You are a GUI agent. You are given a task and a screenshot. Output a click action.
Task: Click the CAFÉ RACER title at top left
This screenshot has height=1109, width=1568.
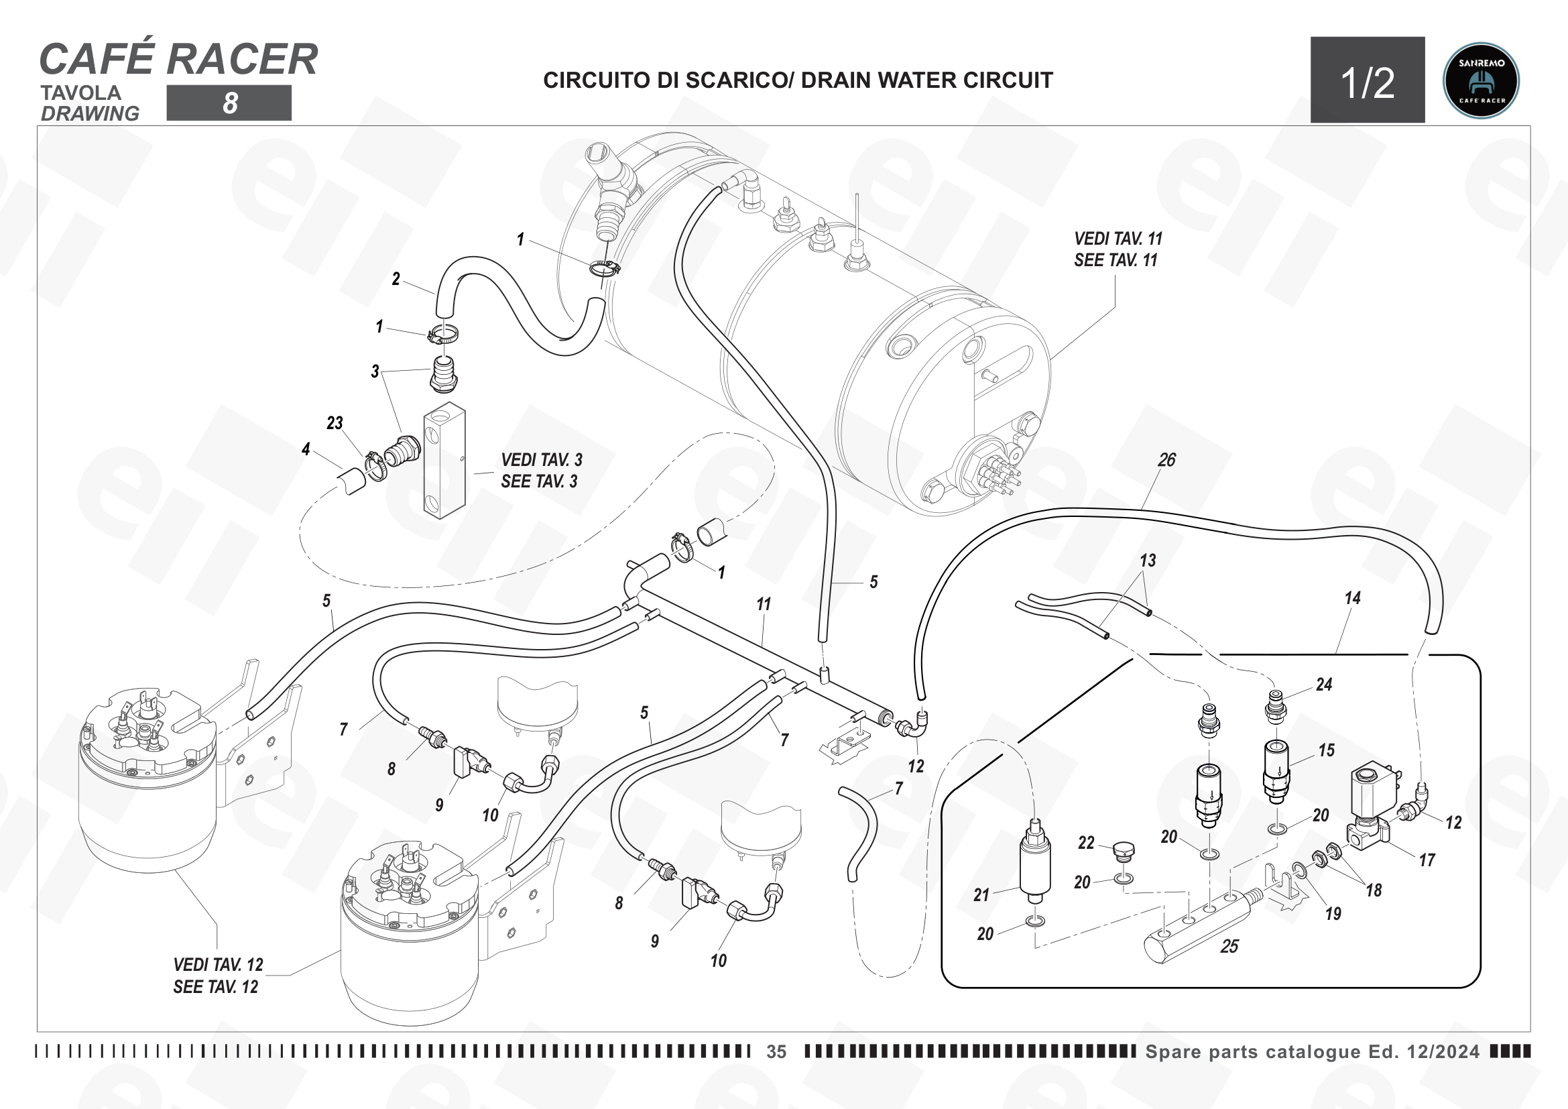pos(179,59)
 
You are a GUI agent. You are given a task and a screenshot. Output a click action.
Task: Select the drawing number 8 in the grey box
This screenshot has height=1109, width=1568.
pos(230,103)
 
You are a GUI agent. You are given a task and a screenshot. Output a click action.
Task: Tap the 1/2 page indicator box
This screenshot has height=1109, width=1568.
pos(1367,80)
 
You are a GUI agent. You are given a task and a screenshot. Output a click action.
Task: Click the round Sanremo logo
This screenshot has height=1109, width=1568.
pos(1482,80)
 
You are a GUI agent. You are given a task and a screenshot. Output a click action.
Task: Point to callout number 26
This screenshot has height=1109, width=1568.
pos(1166,460)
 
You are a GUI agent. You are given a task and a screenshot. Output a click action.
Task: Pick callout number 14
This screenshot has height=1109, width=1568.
pos(1352,598)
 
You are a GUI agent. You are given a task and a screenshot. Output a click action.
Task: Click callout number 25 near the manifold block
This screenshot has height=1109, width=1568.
pos(1229,947)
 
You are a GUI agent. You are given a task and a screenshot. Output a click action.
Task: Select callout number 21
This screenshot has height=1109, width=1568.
pos(981,895)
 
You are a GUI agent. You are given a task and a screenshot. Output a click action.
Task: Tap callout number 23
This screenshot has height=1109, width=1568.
pos(335,423)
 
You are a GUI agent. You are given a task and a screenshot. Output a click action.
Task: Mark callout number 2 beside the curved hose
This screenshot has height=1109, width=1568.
pos(396,280)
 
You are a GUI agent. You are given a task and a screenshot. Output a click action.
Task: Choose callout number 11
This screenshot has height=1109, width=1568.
pos(764,604)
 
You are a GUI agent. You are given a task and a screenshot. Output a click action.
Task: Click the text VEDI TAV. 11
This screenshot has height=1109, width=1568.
pos(1118,239)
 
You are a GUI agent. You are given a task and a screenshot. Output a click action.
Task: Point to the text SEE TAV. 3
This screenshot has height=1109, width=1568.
pos(540,481)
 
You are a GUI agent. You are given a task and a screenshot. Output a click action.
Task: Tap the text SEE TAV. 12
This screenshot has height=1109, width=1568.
pos(216,987)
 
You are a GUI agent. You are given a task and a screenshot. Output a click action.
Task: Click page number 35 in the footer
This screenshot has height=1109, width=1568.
pos(776,1051)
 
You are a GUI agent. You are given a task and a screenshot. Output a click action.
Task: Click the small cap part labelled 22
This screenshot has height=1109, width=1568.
pos(1124,850)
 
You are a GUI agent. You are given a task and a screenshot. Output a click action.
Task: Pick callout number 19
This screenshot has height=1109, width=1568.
pos(1333,914)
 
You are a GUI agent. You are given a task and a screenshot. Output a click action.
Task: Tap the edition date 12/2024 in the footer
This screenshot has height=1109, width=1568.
pos(1443,1051)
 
